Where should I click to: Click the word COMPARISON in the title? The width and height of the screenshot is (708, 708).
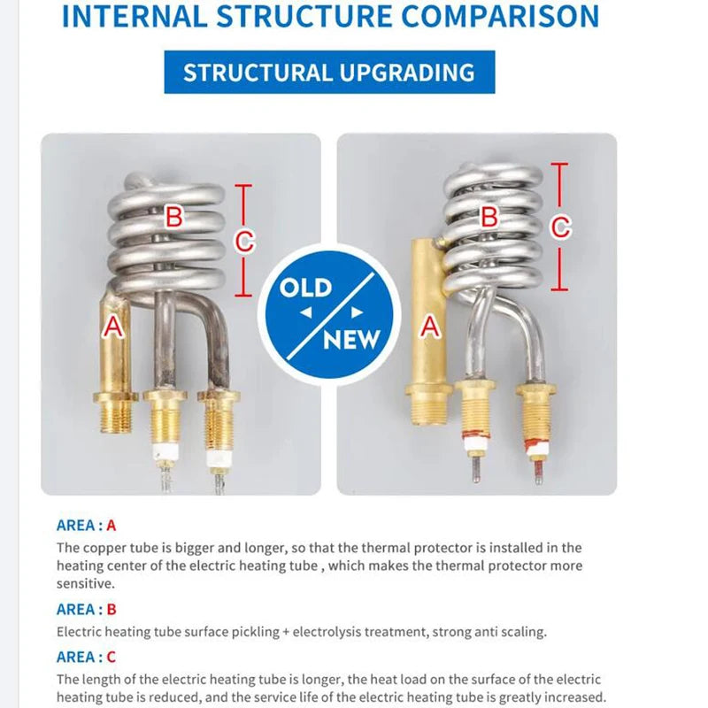pos(500,16)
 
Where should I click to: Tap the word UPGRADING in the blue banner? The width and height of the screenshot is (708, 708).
pos(407,73)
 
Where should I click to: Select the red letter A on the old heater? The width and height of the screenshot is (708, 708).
pos(113,326)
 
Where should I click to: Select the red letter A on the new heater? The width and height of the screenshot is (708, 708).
pos(430,326)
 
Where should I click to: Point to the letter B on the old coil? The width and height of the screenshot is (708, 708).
pos(173,216)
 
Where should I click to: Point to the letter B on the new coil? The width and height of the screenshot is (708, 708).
pos(489,216)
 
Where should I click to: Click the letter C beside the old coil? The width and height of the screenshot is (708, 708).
pos(244,241)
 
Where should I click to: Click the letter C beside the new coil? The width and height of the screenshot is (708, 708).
pos(560,227)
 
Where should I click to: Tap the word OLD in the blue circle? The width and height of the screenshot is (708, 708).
pos(305,288)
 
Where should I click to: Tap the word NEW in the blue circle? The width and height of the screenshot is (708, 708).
pos(351,340)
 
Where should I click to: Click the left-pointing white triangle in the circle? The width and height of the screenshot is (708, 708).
pos(306,312)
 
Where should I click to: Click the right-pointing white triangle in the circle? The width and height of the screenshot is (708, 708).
pos(358,312)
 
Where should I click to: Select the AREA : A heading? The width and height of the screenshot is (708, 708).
pos(86,525)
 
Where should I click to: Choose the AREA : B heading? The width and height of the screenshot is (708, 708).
pos(86,609)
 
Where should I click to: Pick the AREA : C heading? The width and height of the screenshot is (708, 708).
pos(86,657)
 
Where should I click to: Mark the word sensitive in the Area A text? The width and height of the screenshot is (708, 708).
pos(84,583)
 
